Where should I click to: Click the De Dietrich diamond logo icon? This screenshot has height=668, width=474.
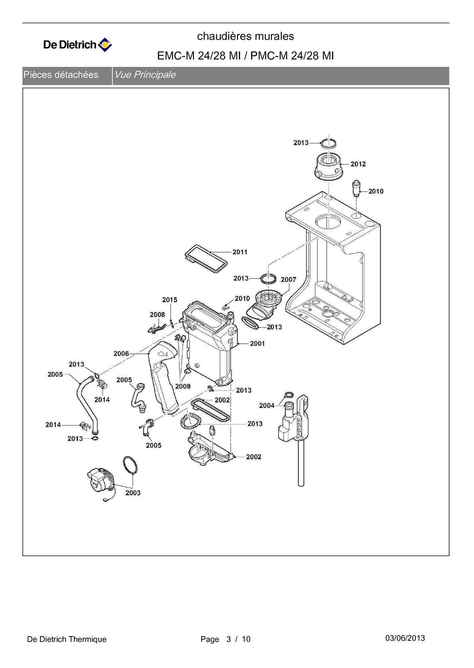[105, 45]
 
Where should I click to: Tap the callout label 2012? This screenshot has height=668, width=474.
[358, 164]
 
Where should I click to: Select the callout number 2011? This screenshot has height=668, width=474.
[240, 252]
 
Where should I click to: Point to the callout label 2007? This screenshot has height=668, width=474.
[288, 280]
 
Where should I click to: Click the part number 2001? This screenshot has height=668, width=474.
[257, 343]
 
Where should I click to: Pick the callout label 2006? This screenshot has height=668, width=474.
[121, 354]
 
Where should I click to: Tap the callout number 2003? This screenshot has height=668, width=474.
[133, 493]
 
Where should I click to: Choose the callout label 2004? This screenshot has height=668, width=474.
[267, 406]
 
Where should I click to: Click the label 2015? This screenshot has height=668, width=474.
[169, 300]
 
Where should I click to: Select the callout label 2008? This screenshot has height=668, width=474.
[157, 314]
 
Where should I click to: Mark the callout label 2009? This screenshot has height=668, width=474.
[183, 386]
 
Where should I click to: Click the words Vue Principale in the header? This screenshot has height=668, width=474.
[145, 75]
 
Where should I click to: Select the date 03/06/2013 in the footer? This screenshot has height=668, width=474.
[405, 638]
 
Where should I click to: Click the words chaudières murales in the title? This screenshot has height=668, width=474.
[245, 36]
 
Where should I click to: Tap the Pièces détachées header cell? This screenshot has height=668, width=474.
[61, 75]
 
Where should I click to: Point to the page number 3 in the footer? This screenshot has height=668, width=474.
[229, 639]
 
